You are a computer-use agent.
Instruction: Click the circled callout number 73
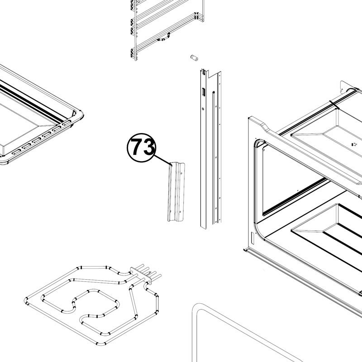pos(142,148)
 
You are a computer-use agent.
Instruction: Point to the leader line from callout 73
pos(163,160)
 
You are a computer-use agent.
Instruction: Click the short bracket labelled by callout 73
pos(176,192)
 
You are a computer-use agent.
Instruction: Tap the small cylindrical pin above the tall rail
pos(194,58)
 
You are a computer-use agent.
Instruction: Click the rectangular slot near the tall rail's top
pos(203,92)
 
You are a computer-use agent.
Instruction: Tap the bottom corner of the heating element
pos(101,344)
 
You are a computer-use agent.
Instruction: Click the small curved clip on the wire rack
pos(163,38)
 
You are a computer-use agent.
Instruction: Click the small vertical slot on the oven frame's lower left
pos(252,238)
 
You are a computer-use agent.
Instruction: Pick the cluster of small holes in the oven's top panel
pos(354,144)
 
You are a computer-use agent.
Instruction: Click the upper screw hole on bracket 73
pos(181,173)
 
